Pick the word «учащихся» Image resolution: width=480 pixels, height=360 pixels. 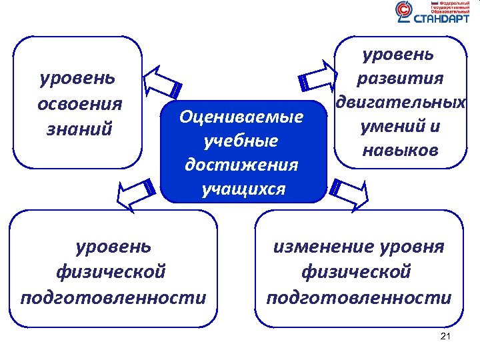pyautogui.click(x=243, y=189)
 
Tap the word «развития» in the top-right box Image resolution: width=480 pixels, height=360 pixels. pyautogui.click(x=399, y=79)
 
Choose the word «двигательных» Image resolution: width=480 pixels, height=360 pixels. pyautogui.click(x=400, y=103)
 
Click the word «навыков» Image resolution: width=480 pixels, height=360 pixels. pyautogui.click(x=399, y=151)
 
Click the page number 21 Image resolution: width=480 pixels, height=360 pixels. pyautogui.click(x=446, y=336)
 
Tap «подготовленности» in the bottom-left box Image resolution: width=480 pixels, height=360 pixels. pyautogui.click(x=113, y=297)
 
